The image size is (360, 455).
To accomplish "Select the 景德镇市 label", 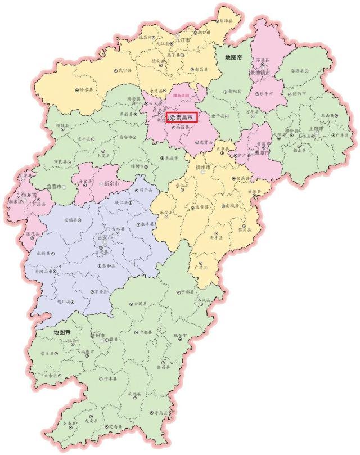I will [261, 73].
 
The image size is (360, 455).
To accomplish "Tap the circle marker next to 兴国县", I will [131, 304].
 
